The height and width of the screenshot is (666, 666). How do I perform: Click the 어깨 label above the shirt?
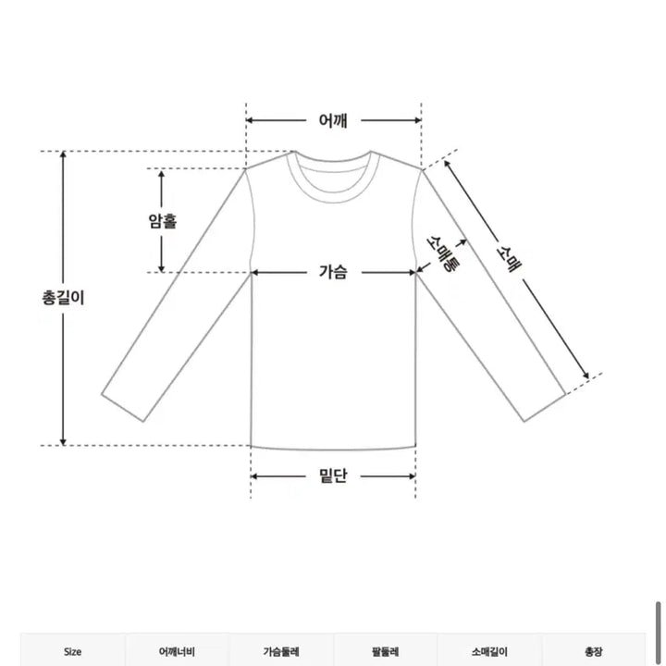click(x=333, y=120)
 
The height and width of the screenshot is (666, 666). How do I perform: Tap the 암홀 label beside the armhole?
click(x=163, y=221)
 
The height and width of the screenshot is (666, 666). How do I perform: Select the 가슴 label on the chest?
click(x=333, y=272)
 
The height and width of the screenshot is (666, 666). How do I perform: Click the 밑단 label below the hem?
click(x=333, y=476)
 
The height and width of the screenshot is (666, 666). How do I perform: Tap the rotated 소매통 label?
click(x=443, y=252)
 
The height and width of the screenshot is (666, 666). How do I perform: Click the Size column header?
click(x=72, y=651)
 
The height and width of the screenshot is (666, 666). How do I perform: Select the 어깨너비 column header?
click(x=177, y=651)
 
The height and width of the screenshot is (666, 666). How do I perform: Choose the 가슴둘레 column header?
click(x=281, y=651)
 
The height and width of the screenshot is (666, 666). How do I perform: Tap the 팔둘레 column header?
click(x=386, y=651)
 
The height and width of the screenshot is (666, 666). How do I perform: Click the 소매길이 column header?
click(x=490, y=651)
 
